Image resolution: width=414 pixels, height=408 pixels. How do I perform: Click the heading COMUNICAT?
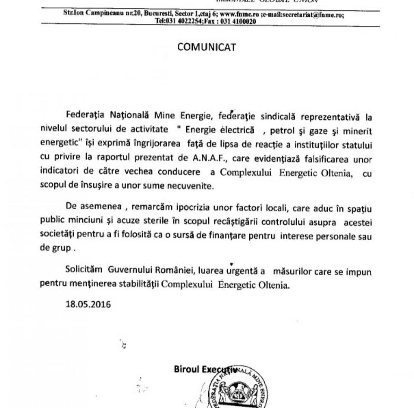[x=207, y=47]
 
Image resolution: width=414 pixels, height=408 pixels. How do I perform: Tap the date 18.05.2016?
[x=88, y=304]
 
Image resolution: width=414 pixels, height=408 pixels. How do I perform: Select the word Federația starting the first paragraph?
[x=85, y=117]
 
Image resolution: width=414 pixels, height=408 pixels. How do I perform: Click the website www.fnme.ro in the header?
[x=239, y=14]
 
